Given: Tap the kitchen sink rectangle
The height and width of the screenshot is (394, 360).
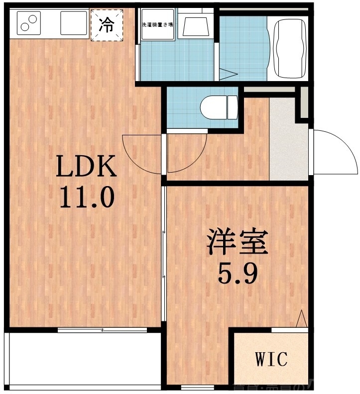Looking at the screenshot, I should tap(74, 23).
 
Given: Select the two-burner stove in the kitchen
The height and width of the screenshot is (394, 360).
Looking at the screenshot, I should tap(28, 23).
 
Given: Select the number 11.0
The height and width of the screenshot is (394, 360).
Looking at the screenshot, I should tap(87, 197).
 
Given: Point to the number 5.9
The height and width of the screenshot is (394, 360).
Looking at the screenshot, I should tap(238, 273).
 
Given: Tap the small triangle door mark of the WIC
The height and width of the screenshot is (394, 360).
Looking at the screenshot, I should tap(302, 319).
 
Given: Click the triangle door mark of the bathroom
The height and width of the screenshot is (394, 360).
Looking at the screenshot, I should tap(229, 75).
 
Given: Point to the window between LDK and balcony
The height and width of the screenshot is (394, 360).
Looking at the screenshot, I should tap(102, 329).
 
